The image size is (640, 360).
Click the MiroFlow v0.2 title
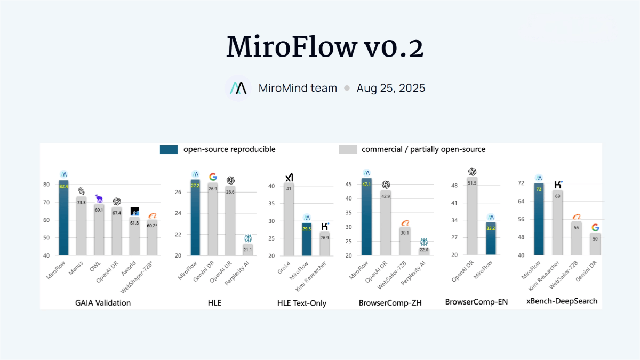[x=325, y=47]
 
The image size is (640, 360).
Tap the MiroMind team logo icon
[x=237, y=88]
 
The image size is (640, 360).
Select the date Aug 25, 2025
[x=391, y=88]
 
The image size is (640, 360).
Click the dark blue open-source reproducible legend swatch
[x=169, y=149]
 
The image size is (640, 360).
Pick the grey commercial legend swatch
[x=348, y=149]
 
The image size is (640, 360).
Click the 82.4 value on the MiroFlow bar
[x=64, y=186]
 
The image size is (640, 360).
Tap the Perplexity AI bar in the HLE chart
[x=247, y=250]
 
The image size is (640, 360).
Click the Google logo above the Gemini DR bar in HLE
[x=213, y=177]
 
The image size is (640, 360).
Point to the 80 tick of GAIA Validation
[x=47, y=185]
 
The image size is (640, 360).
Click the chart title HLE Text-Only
[x=302, y=303]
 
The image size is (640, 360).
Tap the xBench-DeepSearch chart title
[x=562, y=301]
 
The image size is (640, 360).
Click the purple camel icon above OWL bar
[x=99, y=198]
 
